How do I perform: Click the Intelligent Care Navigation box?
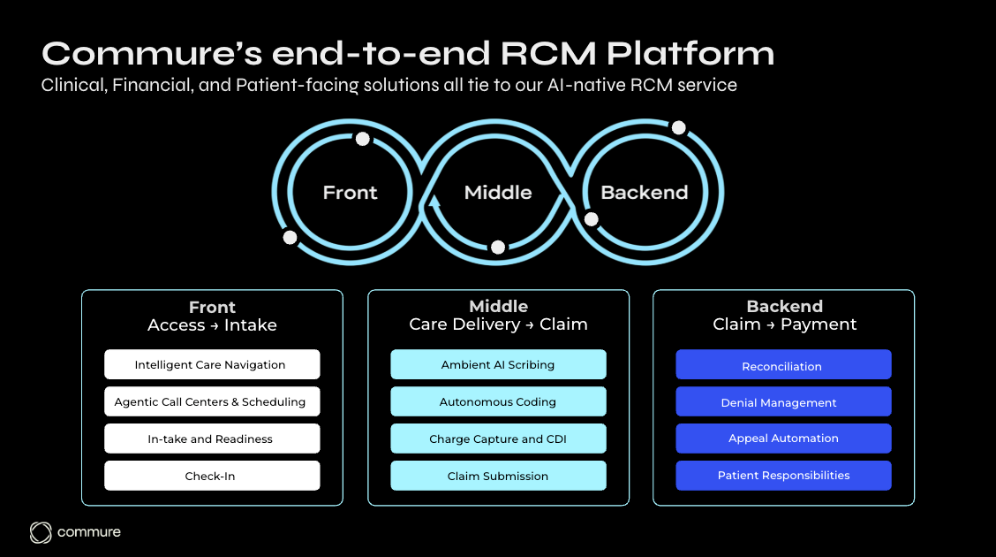pyautogui.click(x=212, y=364)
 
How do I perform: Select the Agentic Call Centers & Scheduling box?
pyautogui.click(x=212, y=401)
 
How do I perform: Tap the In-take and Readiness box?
pyautogui.click(x=212, y=439)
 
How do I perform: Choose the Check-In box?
pyautogui.click(x=212, y=476)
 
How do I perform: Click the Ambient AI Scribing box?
pyautogui.click(x=498, y=364)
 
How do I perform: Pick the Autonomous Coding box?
pyautogui.click(x=498, y=401)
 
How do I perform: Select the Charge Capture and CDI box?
pyautogui.click(x=498, y=439)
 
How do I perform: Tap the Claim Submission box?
pyautogui.click(x=498, y=476)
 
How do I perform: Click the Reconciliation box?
pyautogui.click(x=783, y=365)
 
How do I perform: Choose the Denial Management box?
pyautogui.click(x=783, y=402)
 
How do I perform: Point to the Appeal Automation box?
pyautogui.click(x=783, y=439)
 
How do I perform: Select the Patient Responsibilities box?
pyautogui.click(x=783, y=476)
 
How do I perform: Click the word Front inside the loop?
pyautogui.click(x=350, y=193)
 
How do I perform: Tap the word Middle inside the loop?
pyautogui.click(x=498, y=193)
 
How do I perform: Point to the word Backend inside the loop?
pyautogui.click(x=644, y=193)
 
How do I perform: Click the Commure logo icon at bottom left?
pyautogui.click(x=41, y=531)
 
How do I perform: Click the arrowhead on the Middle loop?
pyautogui.click(x=434, y=202)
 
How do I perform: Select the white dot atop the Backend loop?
pyautogui.click(x=678, y=127)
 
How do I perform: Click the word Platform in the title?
pyautogui.click(x=690, y=54)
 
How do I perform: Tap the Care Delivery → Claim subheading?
pyautogui.click(x=498, y=324)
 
